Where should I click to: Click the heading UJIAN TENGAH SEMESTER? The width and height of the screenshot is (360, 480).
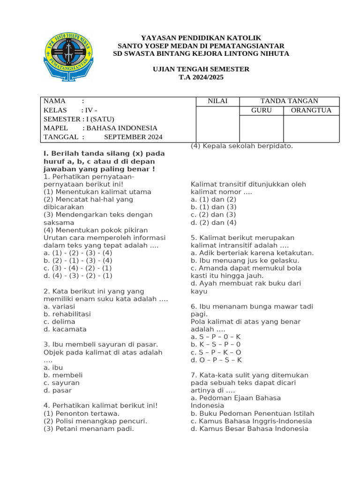201,69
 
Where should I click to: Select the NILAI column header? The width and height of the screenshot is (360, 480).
217,101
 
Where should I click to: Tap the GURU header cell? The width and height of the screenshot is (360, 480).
261,111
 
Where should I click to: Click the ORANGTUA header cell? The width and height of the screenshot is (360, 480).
311,111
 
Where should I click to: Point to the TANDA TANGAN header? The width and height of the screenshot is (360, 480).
289,101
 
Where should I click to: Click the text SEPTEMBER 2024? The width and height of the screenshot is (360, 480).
133,137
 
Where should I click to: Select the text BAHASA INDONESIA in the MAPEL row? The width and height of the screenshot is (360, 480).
122,128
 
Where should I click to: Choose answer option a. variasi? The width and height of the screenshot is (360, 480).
59,307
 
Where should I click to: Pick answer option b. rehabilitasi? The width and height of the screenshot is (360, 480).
67,314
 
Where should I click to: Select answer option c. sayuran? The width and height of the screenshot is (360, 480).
61,383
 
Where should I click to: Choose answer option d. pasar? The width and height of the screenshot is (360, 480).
58,390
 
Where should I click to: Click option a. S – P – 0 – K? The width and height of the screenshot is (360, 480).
216,337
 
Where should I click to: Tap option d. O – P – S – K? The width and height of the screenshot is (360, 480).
216,360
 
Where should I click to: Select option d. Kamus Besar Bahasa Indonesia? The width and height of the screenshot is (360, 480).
249,428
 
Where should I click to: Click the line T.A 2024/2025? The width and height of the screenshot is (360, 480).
201,77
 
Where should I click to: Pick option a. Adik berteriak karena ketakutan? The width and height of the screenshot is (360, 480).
252,253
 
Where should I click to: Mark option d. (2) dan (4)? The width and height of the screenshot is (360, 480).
213,223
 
